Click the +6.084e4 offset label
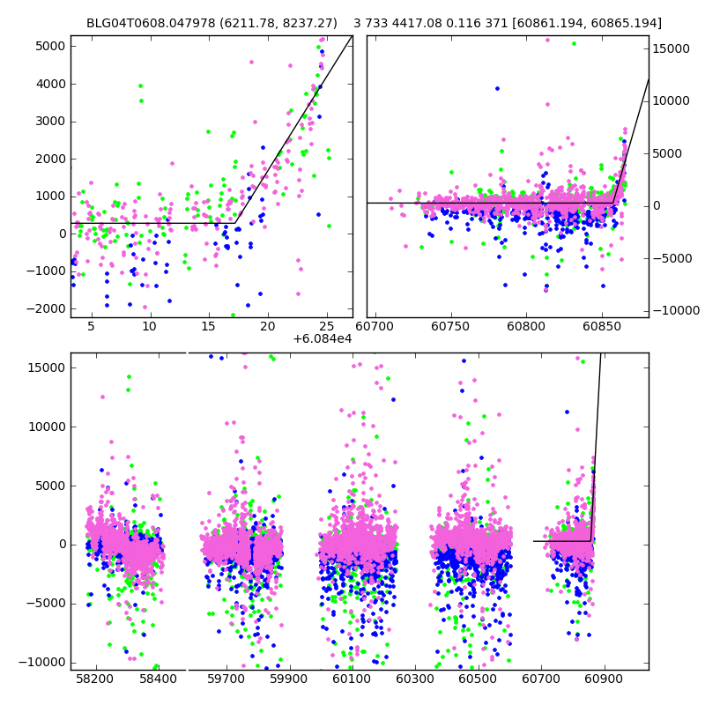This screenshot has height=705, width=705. tap(323, 338)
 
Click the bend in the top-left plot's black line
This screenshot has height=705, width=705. tap(235, 223)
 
